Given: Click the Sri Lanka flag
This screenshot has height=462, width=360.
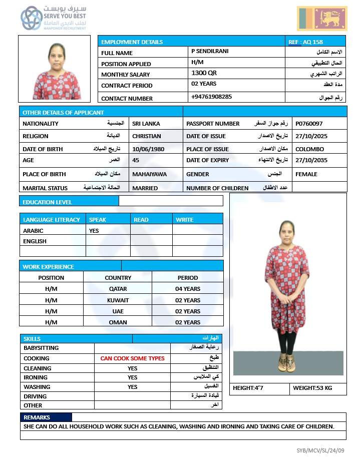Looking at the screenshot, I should click(x=322, y=19).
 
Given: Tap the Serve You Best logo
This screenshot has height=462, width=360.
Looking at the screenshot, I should click(x=54, y=19).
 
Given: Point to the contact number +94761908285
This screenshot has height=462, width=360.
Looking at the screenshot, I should click(x=211, y=97).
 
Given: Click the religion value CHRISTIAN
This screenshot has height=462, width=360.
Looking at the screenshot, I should click(x=147, y=136).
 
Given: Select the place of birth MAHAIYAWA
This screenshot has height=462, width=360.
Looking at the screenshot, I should click(x=149, y=174).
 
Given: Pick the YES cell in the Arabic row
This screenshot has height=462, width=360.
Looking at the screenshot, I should click(x=94, y=231).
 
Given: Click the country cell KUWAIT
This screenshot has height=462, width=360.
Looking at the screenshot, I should click(x=118, y=300).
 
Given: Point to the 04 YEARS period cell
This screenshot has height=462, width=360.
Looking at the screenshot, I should click(x=188, y=289).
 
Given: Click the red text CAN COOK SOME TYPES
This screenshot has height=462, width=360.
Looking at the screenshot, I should click(x=132, y=358).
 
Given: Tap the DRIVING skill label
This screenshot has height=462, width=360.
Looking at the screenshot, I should click(x=35, y=396).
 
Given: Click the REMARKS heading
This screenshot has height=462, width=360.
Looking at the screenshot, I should click(x=37, y=417).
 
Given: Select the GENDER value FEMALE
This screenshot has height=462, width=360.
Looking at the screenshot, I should click(x=306, y=174).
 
